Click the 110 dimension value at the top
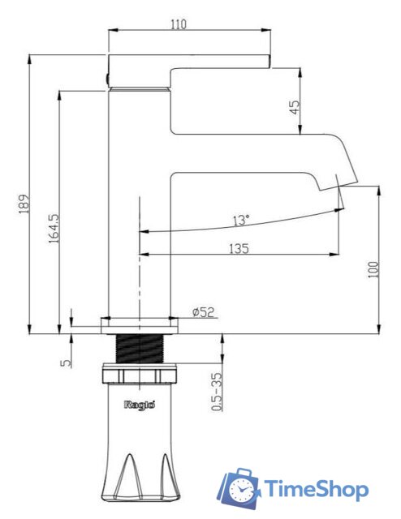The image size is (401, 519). point(179,24)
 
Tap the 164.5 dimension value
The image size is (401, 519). point(54,229)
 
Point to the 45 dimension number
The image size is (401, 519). point(295,105)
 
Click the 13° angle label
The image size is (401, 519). point(241,220)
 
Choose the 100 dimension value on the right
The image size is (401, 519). point(373,268)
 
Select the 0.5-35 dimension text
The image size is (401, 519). point(216,392)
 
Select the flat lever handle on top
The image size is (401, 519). point(188,62)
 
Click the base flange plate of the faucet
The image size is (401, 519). point(140,324)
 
